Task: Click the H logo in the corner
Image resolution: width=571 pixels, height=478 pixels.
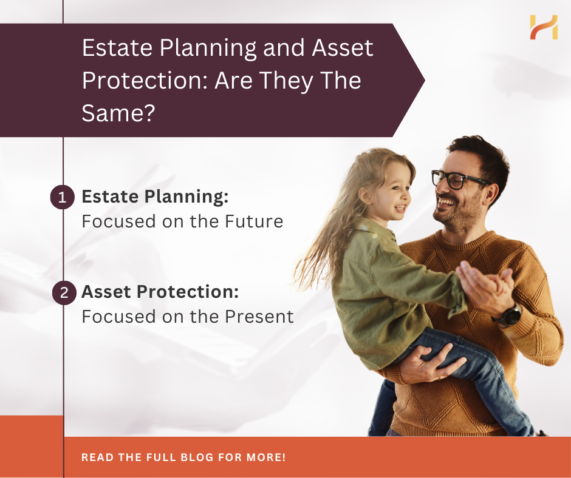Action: [x=544, y=27]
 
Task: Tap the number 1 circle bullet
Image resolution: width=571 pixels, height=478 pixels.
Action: [x=63, y=197]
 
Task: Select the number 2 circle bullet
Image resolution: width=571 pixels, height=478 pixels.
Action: [x=64, y=292]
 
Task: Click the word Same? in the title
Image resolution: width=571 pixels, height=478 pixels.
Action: [x=118, y=113]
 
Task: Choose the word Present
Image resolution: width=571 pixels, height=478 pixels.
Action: [x=259, y=317]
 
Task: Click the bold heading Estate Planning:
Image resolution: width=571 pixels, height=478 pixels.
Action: [x=155, y=197]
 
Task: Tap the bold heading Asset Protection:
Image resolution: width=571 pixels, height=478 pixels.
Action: [x=160, y=292]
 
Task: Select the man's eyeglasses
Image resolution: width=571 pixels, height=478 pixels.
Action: [x=460, y=179]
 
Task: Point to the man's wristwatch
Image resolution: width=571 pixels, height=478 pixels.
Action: [x=508, y=315]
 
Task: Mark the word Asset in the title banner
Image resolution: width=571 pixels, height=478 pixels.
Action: [x=343, y=48]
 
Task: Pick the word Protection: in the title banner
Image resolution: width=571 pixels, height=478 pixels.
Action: [x=145, y=81]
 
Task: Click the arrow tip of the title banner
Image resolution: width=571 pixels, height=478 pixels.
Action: [x=424, y=80]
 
